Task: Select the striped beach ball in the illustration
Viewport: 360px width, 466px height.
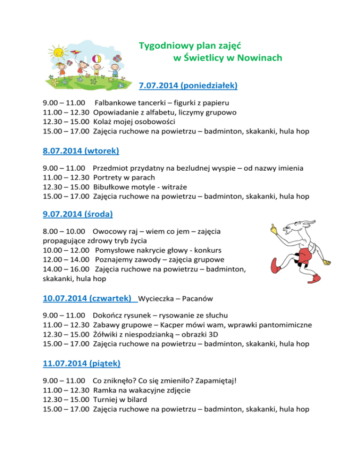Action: pyautogui.click(x=99, y=60)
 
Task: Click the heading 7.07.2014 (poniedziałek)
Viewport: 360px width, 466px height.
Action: pyautogui.click(x=188, y=86)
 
